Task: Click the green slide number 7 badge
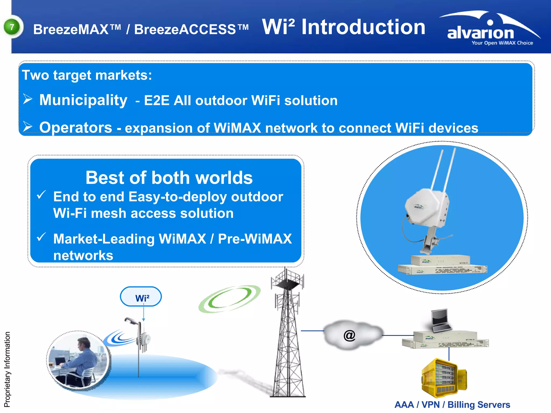[12, 27]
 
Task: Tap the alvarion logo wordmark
[481, 33]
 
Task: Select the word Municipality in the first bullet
[83, 100]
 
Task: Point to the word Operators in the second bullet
[76, 127]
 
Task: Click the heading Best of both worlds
[169, 178]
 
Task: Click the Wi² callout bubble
[141, 297]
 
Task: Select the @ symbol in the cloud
[349, 335]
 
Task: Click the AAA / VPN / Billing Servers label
[452, 405]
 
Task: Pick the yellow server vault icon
[443, 378]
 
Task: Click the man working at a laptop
[81, 358]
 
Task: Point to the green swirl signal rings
[229, 299]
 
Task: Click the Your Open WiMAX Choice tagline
[502, 43]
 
